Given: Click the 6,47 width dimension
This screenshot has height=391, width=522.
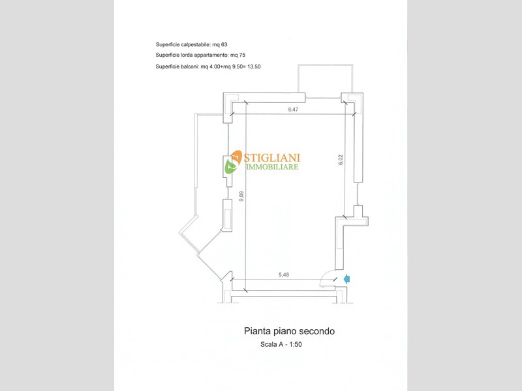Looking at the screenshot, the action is (293, 109).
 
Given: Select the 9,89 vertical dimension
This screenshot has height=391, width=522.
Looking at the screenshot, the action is (241, 196).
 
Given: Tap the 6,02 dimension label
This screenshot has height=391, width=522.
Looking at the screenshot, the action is (340, 160).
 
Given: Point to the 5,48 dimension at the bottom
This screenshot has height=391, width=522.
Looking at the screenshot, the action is (284, 274).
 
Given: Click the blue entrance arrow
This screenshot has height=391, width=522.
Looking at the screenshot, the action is (346, 279).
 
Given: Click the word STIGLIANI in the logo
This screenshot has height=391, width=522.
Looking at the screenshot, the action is (272, 157).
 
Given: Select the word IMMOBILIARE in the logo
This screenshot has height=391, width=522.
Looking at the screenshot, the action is (272, 167).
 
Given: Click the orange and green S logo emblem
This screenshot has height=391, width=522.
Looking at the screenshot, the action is (234, 162).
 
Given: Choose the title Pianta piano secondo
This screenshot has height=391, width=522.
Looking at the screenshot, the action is (289, 331).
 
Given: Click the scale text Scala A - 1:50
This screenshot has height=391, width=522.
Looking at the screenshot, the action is (281, 345).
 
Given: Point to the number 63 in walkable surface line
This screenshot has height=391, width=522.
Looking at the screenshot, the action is (224, 44).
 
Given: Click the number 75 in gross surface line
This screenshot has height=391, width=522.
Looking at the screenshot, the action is (242, 55).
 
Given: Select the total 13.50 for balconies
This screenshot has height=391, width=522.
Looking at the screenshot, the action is (254, 66).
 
